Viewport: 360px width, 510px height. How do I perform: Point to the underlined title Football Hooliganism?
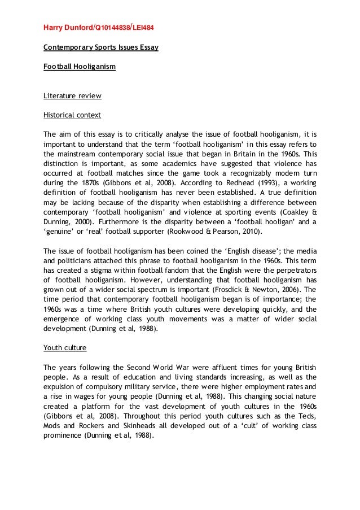tap(80, 67)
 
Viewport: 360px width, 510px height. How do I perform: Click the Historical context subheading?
tap(72, 115)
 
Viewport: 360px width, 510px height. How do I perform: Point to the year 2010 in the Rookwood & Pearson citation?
tap(253, 232)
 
